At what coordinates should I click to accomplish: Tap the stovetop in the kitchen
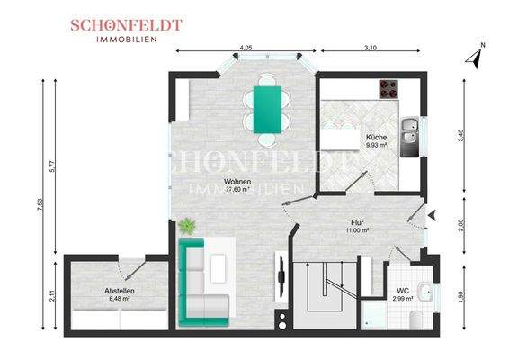pos(388,89)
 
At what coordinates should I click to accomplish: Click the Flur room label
pos(357,220)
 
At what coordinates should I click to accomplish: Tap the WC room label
pos(403,290)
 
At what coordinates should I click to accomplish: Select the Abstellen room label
pos(119,291)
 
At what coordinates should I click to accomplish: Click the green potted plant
pos(187,225)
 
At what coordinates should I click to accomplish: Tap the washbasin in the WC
pos(429,291)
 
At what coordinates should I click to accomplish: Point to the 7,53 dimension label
pos(40,207)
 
